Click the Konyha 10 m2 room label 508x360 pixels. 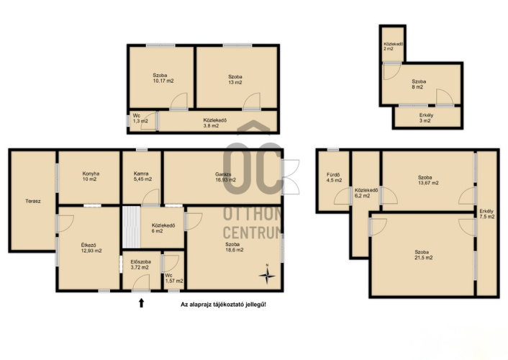tap(91, 176)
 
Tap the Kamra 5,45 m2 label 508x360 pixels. tap(142, 176)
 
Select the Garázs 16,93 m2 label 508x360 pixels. tap(225, 176)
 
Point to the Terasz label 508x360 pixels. tap(33, 201)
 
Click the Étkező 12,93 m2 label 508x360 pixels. tap(91, 248)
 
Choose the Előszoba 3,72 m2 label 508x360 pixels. tap(140, 264)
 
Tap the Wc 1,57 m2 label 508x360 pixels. tap(174, 278)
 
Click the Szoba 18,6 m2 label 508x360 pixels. tap(235, 247)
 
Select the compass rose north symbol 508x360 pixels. tap(267, 275)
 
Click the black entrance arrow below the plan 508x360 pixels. tap(141, 303)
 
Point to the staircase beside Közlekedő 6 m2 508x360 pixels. tap(132, 227)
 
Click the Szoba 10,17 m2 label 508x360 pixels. tap(163, 78)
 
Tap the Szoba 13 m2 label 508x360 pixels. tap(235, 79)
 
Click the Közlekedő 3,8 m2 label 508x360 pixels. tap(214, 123)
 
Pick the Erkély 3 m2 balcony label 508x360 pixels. tap(426, 118)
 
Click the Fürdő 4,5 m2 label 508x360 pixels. tap(334, 177)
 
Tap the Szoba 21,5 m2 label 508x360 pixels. tap(423, 255)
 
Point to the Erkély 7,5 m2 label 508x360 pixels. tap(486, 214)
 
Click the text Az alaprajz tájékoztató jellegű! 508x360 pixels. tap(223, 305)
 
